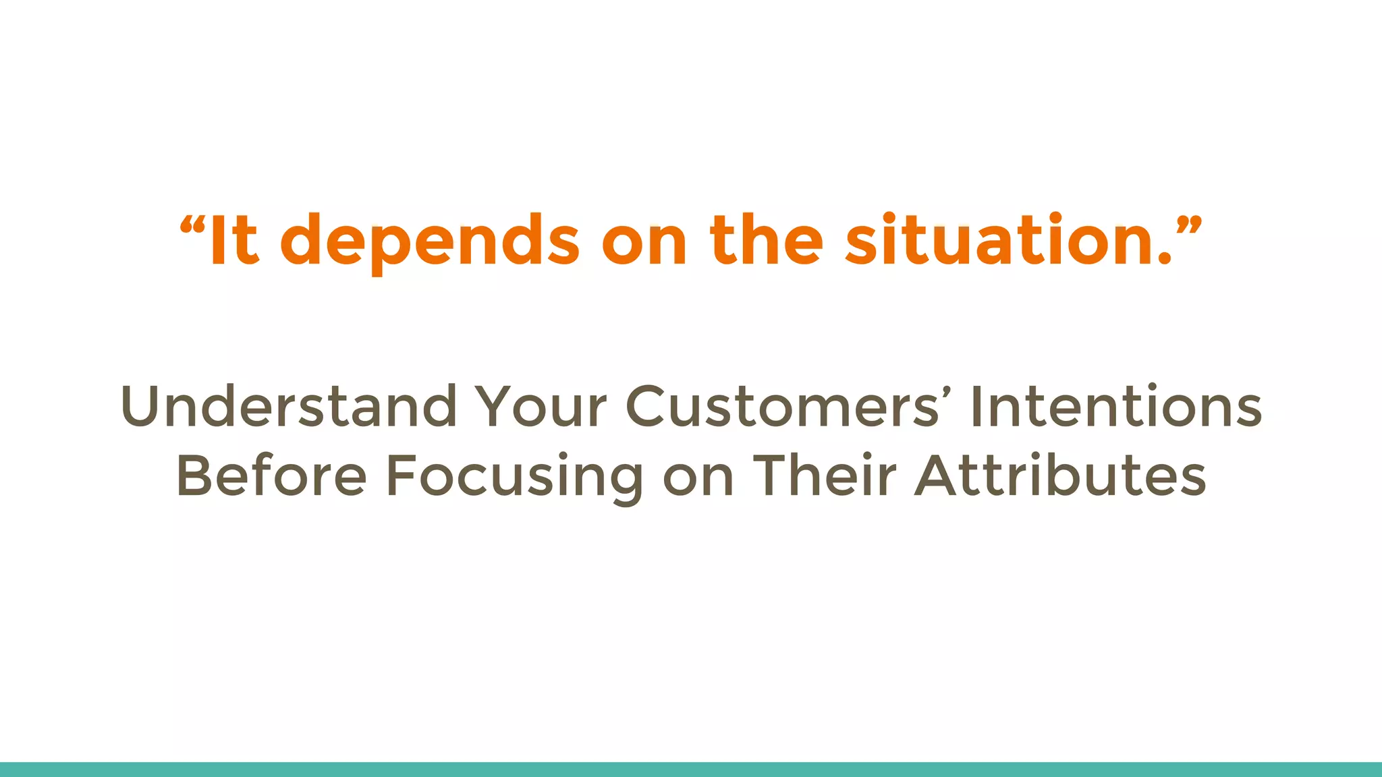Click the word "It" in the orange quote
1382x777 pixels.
point(233,241)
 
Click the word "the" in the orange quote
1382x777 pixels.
point(766,241)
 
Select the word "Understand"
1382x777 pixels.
point(289,407)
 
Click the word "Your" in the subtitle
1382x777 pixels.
point(540,407)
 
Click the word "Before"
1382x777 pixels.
point(271,476)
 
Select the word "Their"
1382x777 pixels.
point(825,476)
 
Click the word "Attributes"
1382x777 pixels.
point(1060,476)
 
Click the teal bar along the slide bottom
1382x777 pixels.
point(691,770)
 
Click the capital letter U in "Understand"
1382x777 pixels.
point(140,407)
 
